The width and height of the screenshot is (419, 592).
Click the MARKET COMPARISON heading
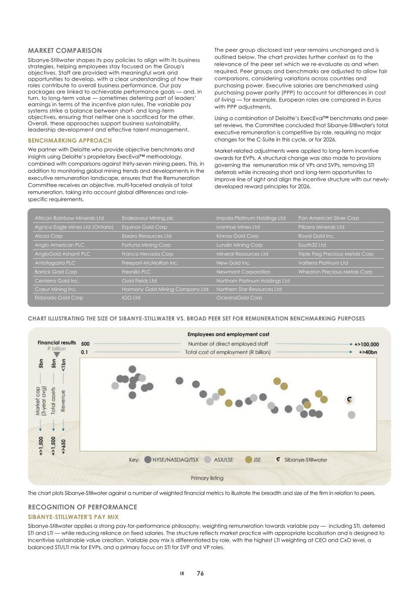coord(65,51)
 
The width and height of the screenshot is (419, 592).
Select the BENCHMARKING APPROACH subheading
coord(69,141)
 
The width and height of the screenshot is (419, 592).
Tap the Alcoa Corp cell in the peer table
coord(49,236)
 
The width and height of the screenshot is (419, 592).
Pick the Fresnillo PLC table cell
coord(136,272)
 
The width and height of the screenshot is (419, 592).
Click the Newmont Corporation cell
coord(243,272)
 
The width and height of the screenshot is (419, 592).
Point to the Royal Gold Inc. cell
coord(316,236)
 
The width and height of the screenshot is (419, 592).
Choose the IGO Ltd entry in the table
coord(131,298)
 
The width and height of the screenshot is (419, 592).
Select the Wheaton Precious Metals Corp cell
coord(335,272)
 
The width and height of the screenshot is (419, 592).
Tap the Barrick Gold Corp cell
coord(56,272)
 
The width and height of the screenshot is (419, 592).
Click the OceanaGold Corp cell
coord(239,298)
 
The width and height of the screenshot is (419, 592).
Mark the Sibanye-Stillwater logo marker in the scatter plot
coord(349,400)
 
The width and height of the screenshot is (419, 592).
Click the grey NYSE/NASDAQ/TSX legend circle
coord(148,460)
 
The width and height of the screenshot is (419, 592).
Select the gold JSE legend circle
coord(249,460)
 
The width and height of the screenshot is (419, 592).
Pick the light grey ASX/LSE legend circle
coord(208,460)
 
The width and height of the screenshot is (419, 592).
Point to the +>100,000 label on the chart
coord(366,344)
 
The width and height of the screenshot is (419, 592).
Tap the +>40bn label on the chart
coord(368,352)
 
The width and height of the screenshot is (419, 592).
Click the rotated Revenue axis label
coord(63,401)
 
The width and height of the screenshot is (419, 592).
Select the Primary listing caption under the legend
coord(207,478)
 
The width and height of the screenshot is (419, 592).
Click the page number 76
coord(200,573)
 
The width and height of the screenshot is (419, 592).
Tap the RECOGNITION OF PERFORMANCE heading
coord(82,507)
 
